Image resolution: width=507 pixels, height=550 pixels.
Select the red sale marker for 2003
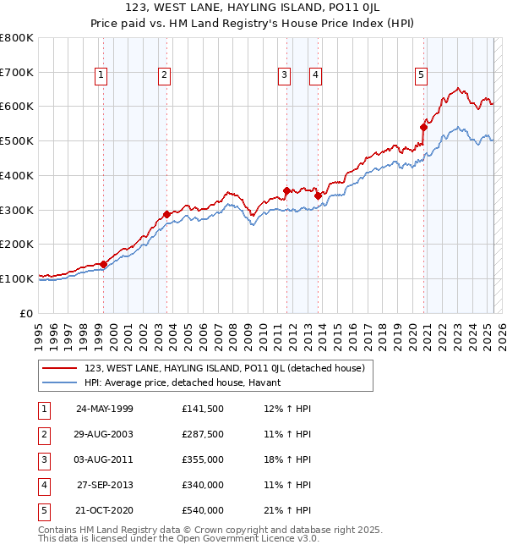(x=167, y=214)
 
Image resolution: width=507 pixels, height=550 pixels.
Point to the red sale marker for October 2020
(x=423, y=128)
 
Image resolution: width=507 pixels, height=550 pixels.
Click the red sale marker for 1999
(x=104, y=264)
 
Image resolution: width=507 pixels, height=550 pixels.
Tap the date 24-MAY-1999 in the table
(x=105, y=409)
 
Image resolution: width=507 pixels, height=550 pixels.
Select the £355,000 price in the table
(x=203, y=459)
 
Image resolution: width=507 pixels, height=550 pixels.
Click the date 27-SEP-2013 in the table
(x=105, y=485)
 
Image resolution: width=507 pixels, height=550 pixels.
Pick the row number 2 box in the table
(x=42, y=434)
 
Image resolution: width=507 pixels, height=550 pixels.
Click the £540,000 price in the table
(x=203, y=510)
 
